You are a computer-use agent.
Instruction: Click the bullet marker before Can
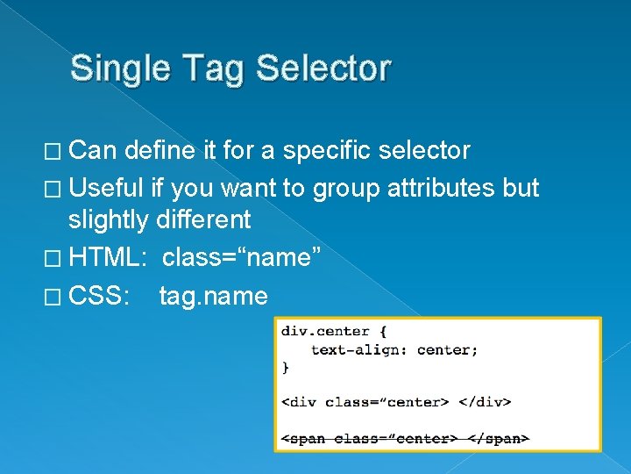coord(55,152)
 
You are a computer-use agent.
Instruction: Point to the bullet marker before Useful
coord(55,189)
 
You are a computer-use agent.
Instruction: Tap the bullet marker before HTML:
coord(55,259)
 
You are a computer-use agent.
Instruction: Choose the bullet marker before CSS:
coord(55,297)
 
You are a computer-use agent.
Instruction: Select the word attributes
coord(443,188)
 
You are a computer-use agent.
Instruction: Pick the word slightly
coord(110,219)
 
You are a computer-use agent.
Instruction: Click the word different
coord(204,219)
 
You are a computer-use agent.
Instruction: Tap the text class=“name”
coord(242,258)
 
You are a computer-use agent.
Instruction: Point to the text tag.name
coord(213,297)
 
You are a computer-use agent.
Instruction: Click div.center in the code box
coord(325,332)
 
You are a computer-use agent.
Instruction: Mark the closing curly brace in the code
coord(285,368)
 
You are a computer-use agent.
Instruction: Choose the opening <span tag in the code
coord(300,438)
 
